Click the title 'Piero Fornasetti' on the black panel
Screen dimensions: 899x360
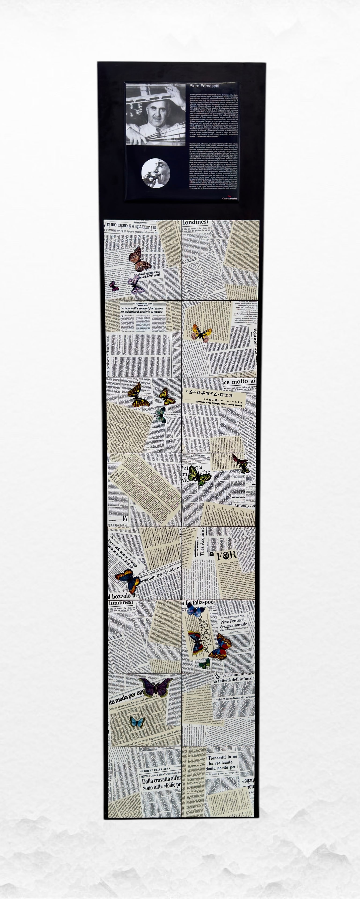pos(204,85)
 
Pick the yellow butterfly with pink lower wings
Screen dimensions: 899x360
pos(201,333)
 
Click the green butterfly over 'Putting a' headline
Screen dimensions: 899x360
pos(199,475)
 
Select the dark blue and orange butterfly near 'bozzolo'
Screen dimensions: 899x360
pos(128,580)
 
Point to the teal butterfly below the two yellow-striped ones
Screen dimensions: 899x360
pos(161,415)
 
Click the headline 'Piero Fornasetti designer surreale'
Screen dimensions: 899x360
pos(233,624)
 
